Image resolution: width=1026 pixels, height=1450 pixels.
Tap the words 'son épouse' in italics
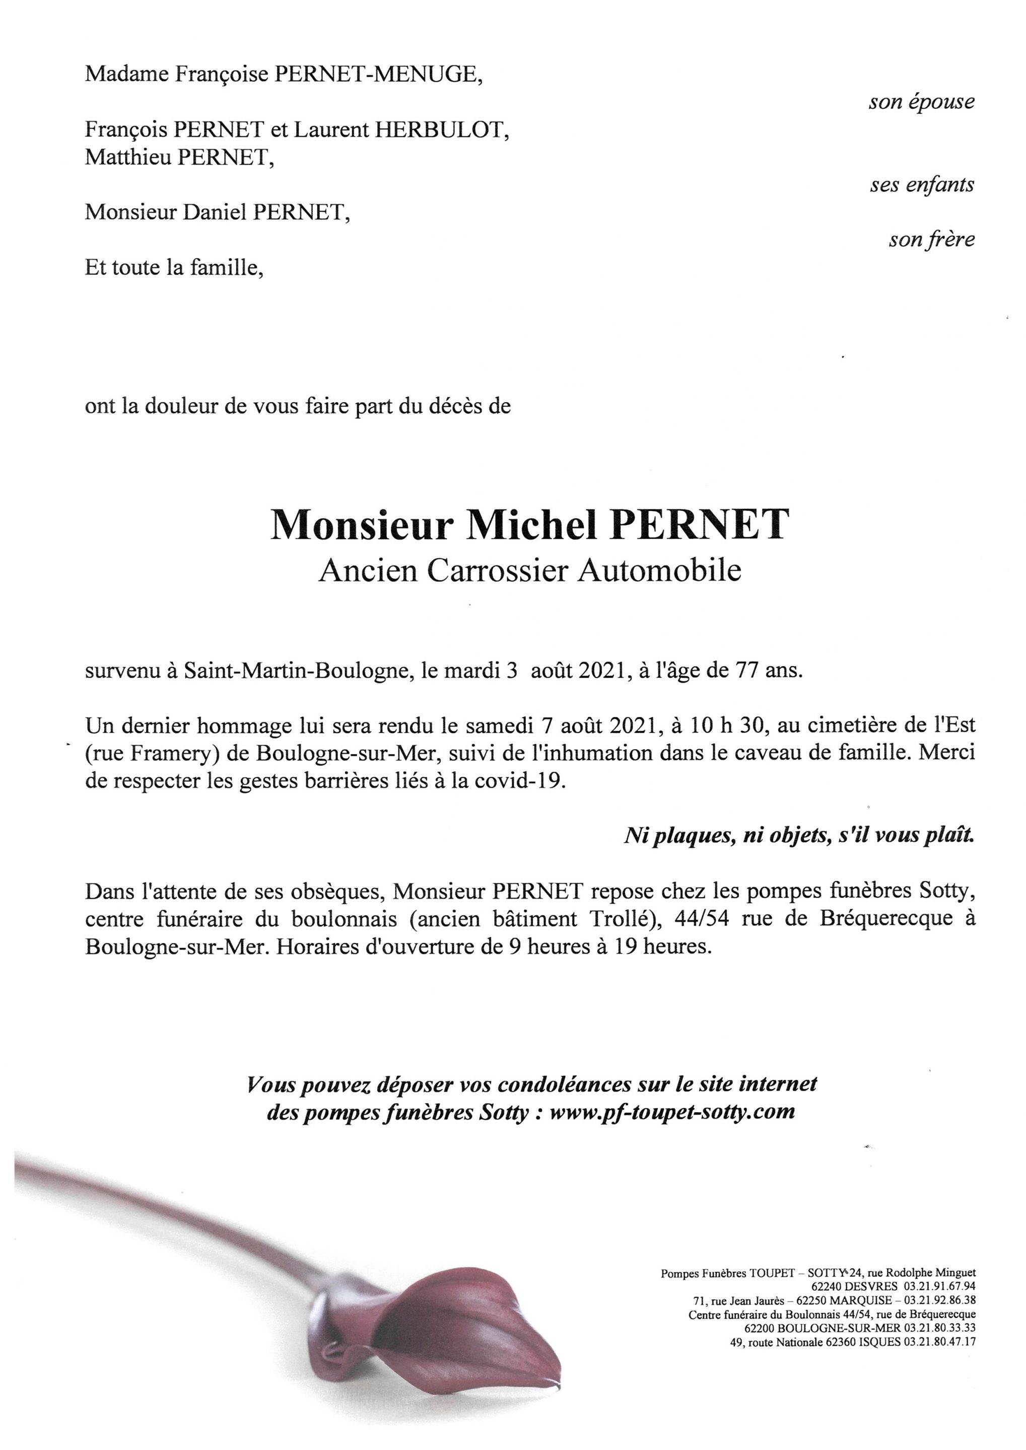(921, 102)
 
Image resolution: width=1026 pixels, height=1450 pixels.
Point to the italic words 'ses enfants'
(922, 185)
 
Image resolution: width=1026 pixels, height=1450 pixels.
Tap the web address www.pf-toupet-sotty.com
(672, 1112)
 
